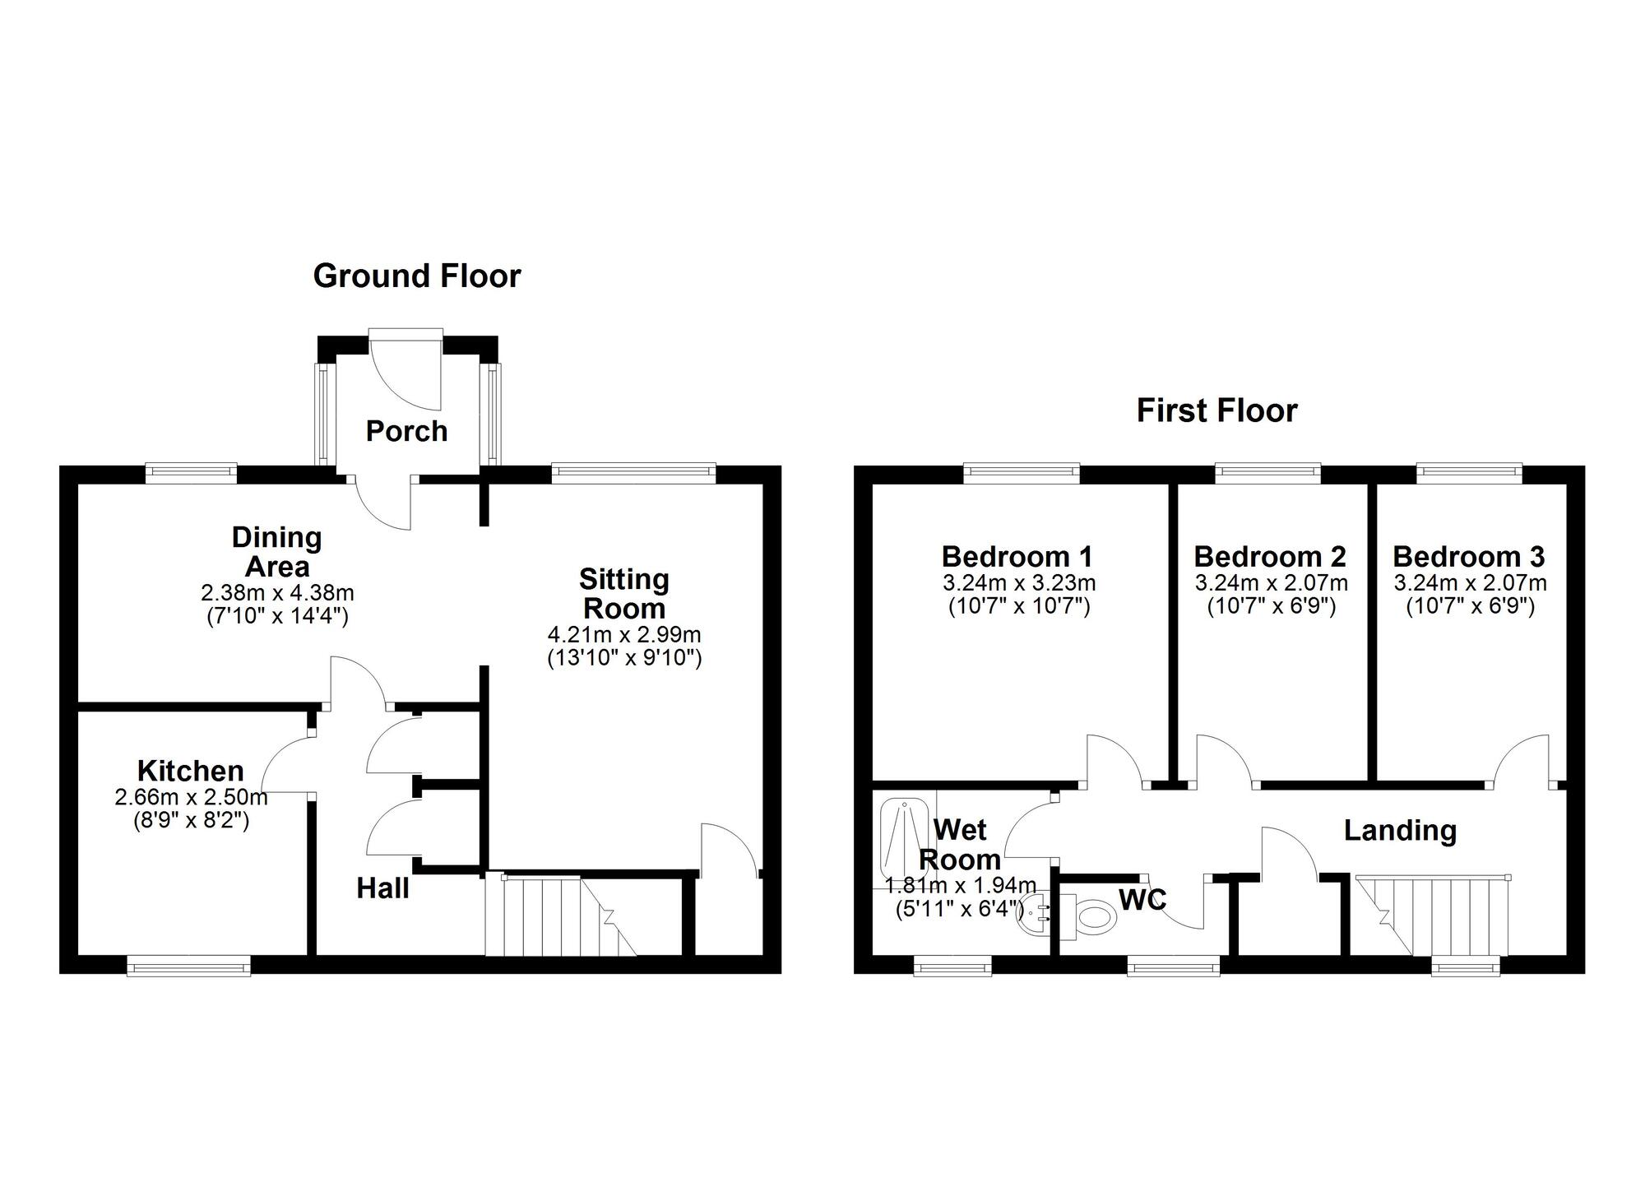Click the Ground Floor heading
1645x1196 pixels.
pos(417,276)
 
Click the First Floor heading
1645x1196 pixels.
pos(1216,410)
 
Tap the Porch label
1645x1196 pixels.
pos(406,431)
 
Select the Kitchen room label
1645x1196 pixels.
pos(191,771)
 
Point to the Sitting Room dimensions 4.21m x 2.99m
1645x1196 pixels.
pos(624,635)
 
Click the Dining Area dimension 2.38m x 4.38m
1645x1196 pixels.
pos(277,592)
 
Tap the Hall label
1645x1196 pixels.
pos(382,888)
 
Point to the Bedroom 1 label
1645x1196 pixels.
pos(1017,557)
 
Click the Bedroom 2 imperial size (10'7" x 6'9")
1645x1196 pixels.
pos(1271,607)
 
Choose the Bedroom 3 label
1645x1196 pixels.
pos(1469,557)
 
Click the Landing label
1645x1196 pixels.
pos(1400,831)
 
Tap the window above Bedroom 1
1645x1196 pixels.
pos(1021,471)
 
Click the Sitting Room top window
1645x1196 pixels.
pos(633,471)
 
